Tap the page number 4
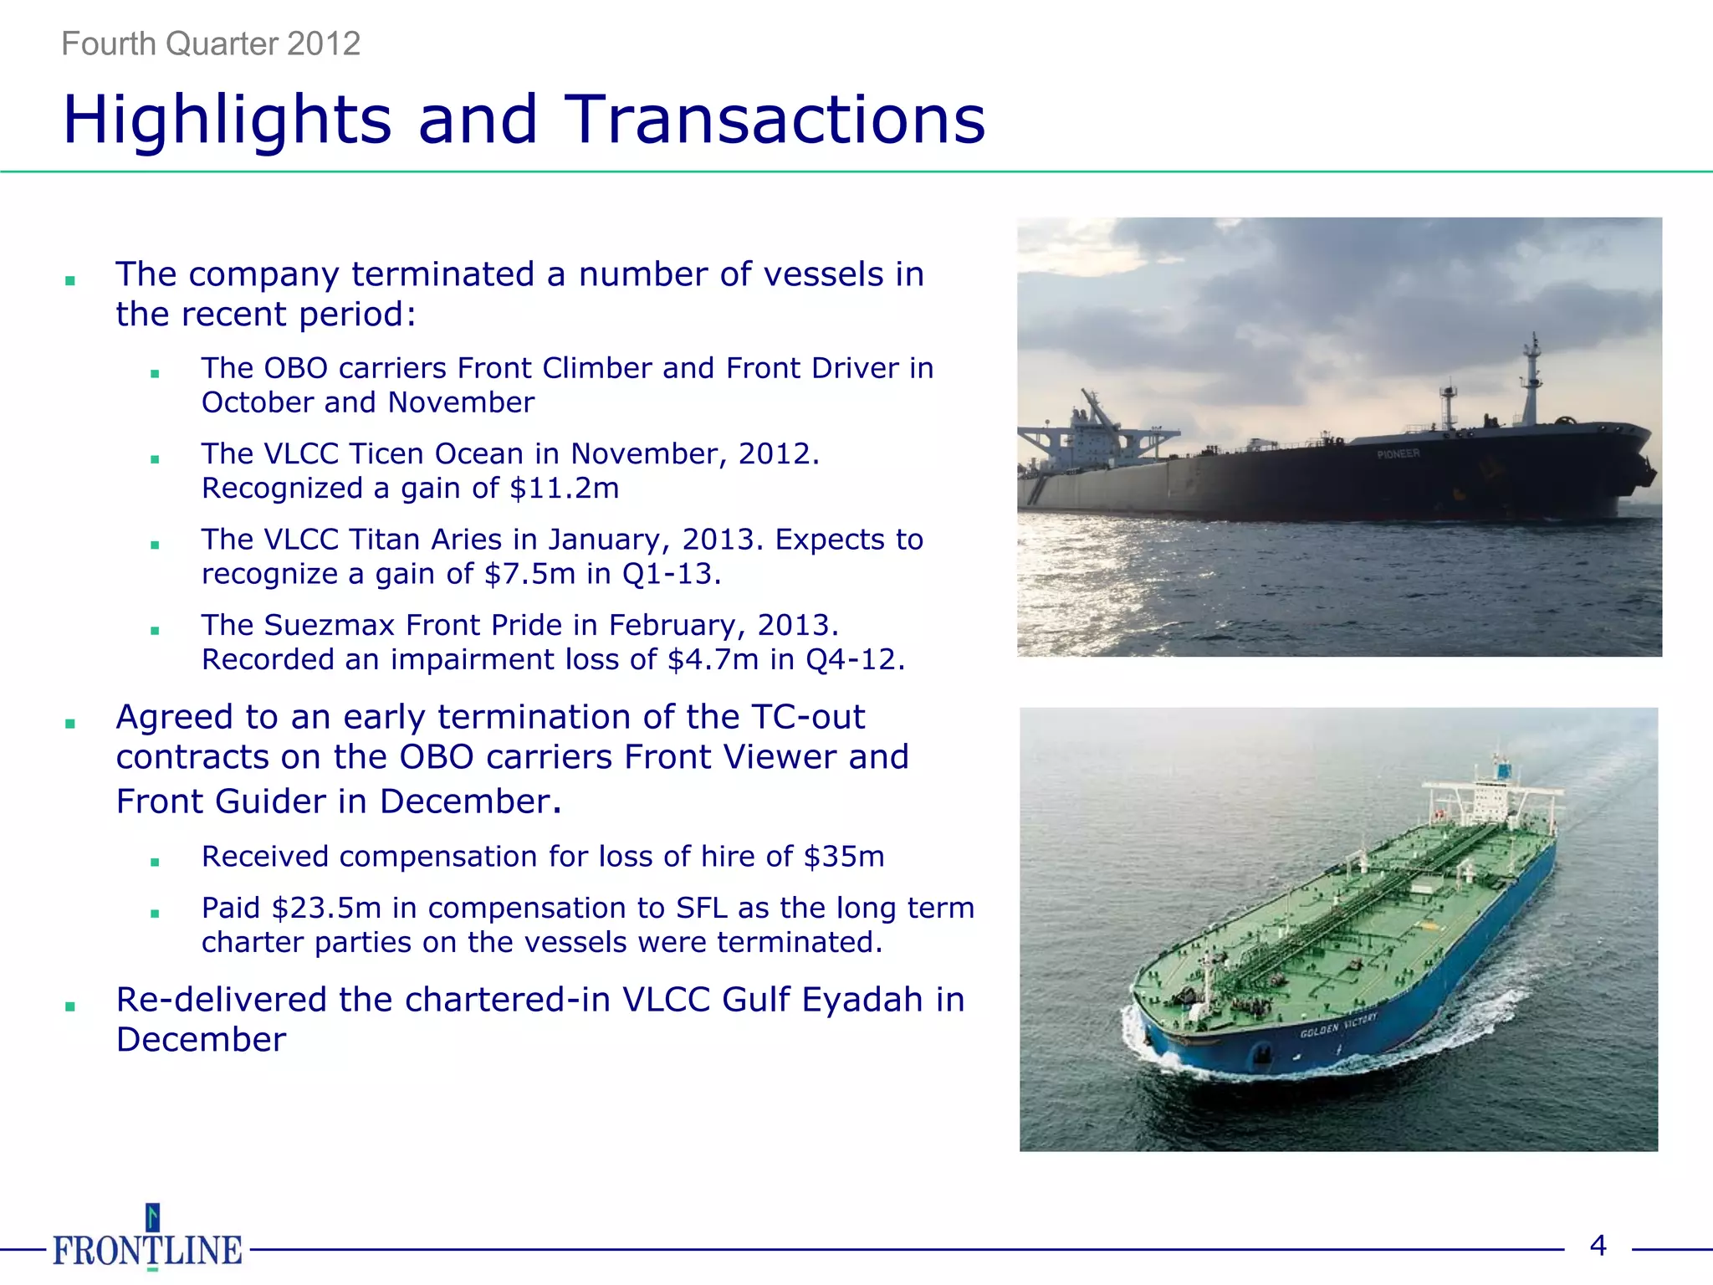1598,1246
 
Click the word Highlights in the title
228,120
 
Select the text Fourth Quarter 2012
211,44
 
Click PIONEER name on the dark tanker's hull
1398,453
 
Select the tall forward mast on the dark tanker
1532,381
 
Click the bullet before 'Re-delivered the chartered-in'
70,1006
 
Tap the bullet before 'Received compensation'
155,863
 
